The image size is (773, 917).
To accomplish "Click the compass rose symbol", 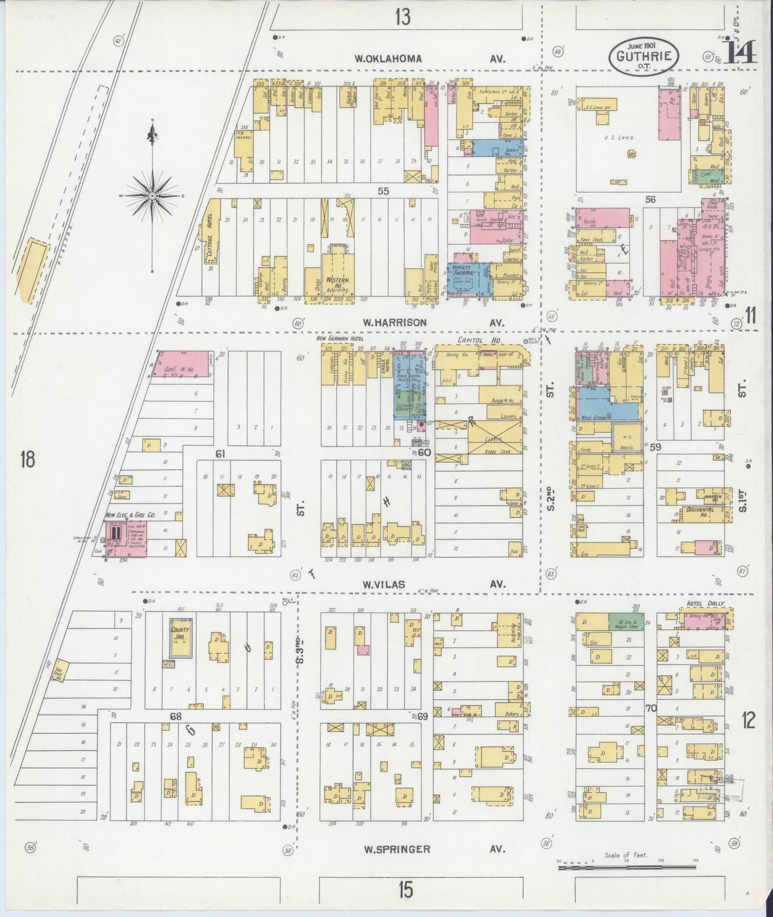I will coord(153,196).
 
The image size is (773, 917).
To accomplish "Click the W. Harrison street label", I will coord(395,323).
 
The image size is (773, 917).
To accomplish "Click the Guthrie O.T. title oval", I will coord(644,56).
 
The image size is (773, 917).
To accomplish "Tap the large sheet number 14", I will coord(741,52).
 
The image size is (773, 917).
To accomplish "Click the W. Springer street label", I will coord(397,849).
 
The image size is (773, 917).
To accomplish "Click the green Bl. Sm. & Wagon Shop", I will coord(626,622).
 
